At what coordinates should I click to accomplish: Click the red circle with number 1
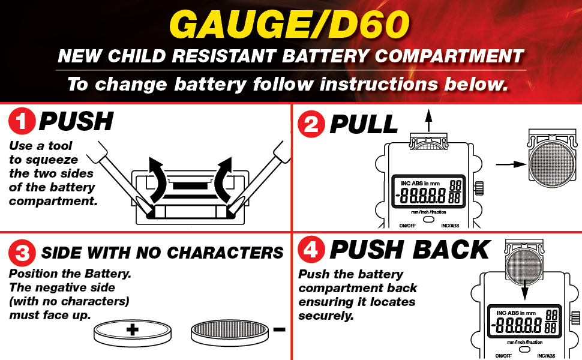tap(22, 123)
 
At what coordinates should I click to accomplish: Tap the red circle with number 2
tap(311, 124)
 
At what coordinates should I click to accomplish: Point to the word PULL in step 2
tap(364, 124)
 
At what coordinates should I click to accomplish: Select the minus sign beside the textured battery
tap(278, 329)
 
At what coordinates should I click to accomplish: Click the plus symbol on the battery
tap(133, 329)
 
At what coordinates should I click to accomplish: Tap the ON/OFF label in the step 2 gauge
tap(407, 226)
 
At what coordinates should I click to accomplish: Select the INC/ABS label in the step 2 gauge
tap(450, 226)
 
